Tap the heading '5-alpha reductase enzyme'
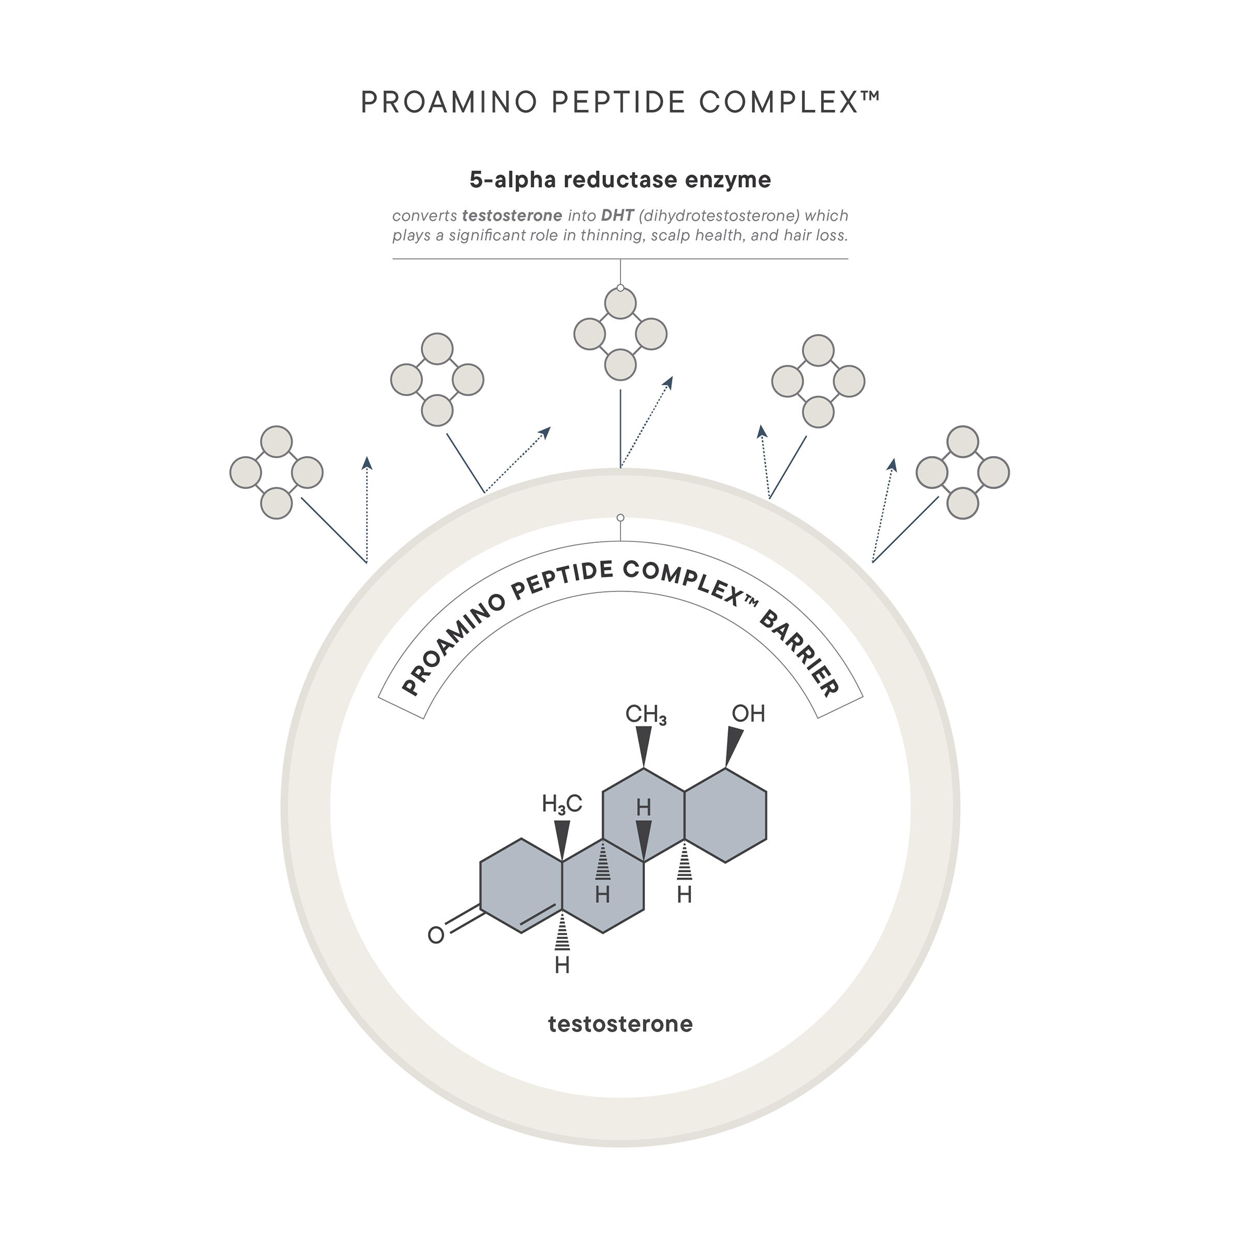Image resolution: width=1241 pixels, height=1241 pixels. click(x=620, y=180)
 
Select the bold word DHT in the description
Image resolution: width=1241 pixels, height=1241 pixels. click(x=617, y=216)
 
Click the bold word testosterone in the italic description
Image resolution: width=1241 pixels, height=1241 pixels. click(x=512, y=216)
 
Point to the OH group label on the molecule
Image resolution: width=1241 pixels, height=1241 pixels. click(x=748, y=714)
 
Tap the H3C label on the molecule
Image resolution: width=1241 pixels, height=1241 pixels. click(x=562, y=804)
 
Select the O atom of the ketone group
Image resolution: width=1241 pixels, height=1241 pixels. click(x=435, y=935)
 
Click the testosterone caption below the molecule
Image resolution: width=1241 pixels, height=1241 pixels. click(x=620, y=1023)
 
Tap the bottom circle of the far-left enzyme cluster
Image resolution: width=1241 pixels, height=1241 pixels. click(x=277, y=503)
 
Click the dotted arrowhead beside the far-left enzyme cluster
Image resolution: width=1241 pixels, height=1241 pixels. click(x=367, y=462)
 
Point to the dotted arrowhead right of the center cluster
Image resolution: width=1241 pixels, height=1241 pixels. click(x=669, y=382)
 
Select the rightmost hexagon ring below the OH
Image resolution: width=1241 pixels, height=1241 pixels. click(x=725, y=815)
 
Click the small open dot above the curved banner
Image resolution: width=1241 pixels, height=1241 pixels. click(x=620, y=518)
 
